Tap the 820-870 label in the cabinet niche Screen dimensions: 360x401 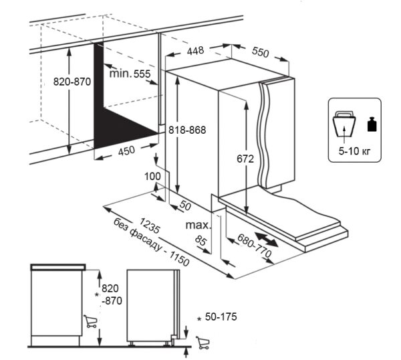pos(72,82)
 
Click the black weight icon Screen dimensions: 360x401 pos(372,125)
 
